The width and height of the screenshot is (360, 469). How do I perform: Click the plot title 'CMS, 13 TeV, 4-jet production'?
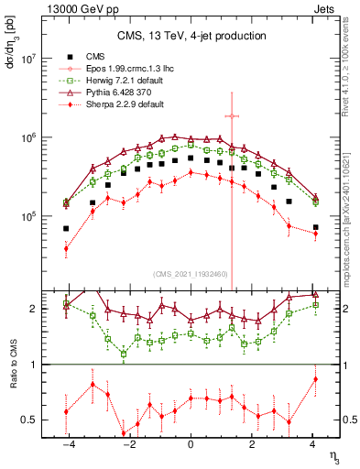[x=191, y=36]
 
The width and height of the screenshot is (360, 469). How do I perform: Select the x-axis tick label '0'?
[x=191, y=444]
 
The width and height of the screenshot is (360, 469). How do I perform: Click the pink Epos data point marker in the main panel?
[x=233, y=116]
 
